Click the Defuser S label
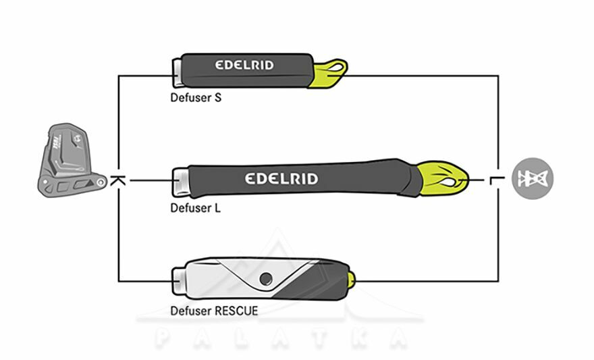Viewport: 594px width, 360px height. coord(196,98)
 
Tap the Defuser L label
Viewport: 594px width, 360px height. coord(195,208)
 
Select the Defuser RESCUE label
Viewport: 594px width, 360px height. coord(213,311)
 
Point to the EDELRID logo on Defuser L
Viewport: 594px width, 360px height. coord(281,179)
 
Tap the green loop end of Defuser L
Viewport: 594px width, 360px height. coord(442,177)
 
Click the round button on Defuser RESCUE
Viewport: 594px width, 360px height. coord(267,278)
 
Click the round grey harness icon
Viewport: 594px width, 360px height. coord(533,178)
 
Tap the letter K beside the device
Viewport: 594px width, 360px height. coord(117,181)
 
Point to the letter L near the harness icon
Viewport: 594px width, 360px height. coord(499,180)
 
